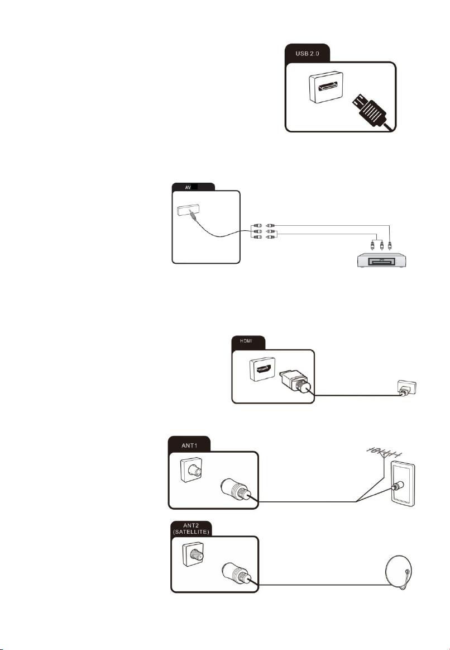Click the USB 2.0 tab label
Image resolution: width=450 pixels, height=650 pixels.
[x=307, y=54]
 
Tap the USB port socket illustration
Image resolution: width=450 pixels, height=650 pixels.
[x=326, y=87]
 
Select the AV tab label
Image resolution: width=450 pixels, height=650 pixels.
[x=188, y=187]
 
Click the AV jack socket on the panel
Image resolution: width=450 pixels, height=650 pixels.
[x=185, y=211]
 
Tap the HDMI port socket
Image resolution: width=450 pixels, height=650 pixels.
[x=262, y=369]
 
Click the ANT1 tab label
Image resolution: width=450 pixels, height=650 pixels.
[x=190, y=445]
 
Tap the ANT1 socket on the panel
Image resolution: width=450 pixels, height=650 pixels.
[x=192, y=469]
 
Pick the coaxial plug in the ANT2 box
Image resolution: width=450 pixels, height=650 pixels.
[x=236, y=573]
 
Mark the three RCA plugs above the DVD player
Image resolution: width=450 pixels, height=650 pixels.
[x=382, y=244]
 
